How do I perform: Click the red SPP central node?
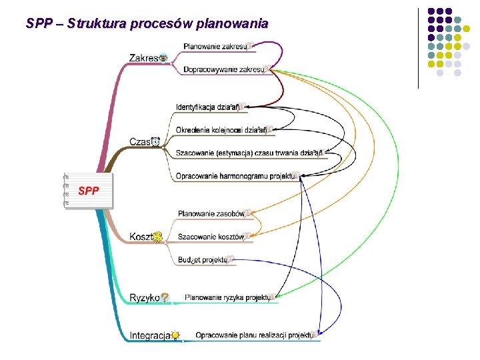[x=89, y=191]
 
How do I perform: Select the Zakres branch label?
[x=144, y=58]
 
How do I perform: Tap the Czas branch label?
[x=139, y=141]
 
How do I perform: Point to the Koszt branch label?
[x=141, y=237]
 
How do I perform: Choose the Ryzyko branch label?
[x=145, y=297]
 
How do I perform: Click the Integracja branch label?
[x=149, y=335]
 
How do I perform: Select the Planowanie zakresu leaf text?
[x=214, y=47]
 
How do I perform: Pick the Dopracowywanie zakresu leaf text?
[x=223, y=69]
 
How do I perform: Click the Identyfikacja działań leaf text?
[x=207, y=107]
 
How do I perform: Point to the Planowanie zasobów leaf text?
[x=211, y=213]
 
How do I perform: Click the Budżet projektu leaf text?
[x=201, y=260]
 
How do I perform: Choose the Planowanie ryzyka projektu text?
[x=226, y=297]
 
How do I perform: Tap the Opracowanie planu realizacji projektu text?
[x=253, y=335]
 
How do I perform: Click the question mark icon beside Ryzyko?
[x=165, y=298]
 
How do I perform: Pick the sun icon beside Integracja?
[x=175, y=335]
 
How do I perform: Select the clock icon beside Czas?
[x=156, y=141]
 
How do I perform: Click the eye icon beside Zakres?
[x=163, y=58]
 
